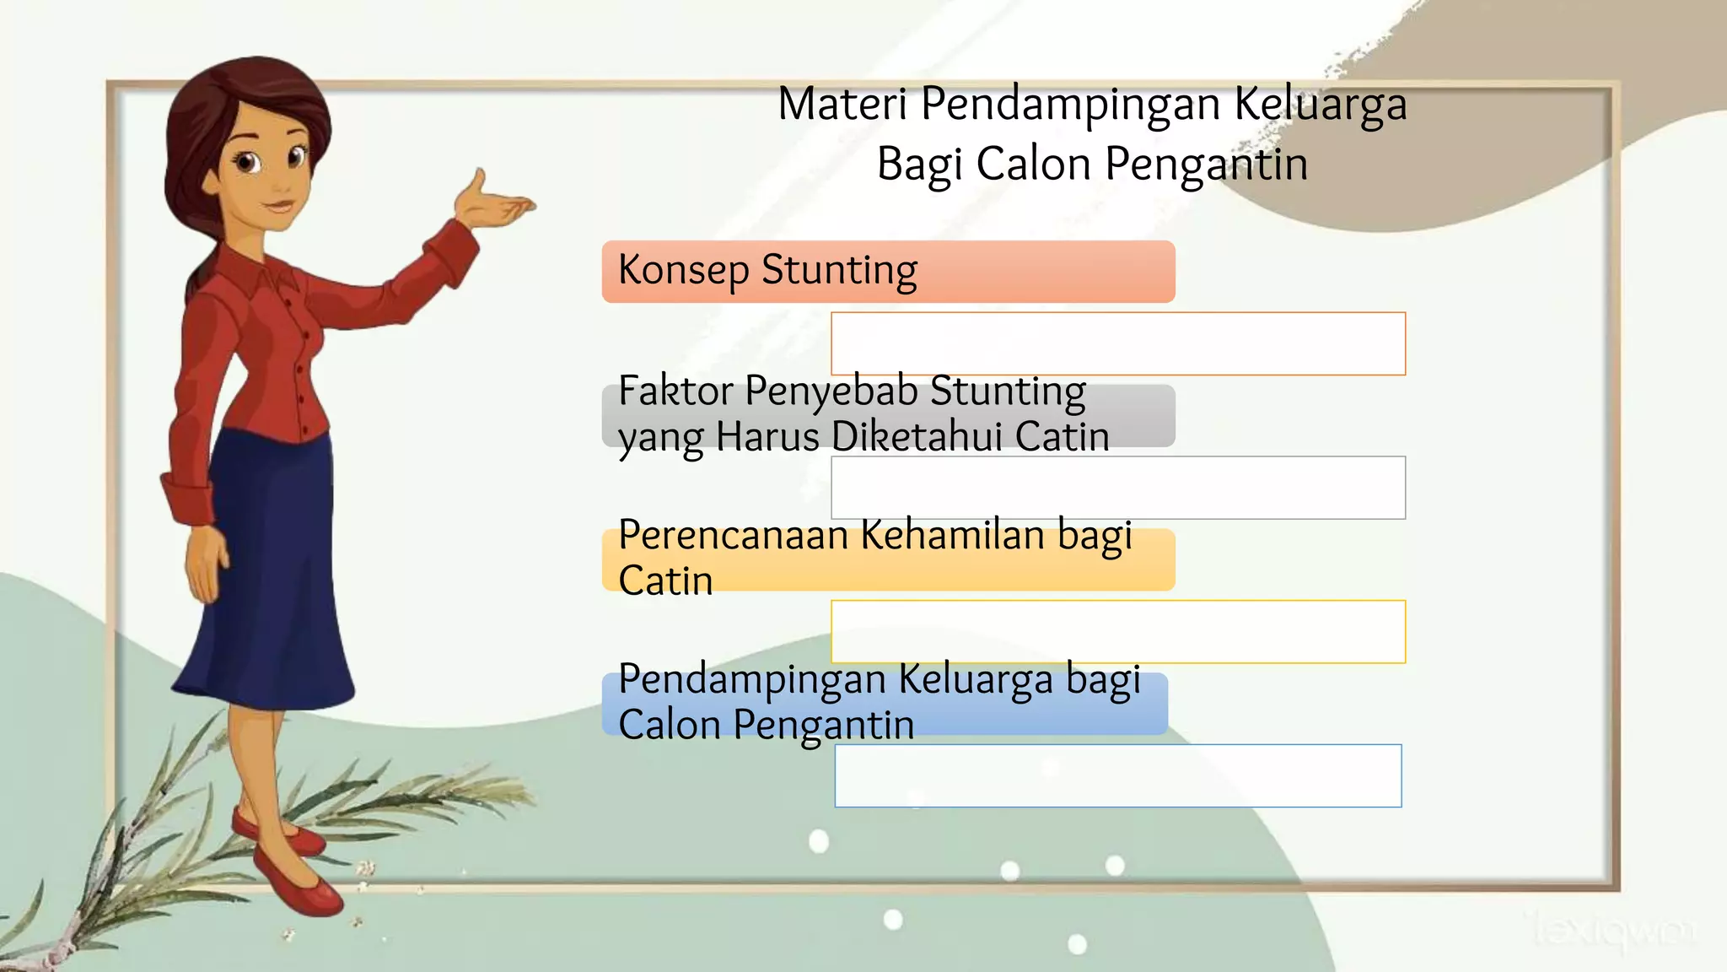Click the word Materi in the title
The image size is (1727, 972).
(x=842, y=105)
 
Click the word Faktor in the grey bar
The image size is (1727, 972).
(x=675, y=391)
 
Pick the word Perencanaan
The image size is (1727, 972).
(x=733, y=536)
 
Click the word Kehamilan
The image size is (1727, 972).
(x=953, y=536)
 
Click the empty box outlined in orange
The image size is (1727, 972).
(x=1118, y=343)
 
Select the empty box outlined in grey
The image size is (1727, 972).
(x=1118, y=488)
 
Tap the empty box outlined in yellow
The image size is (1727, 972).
(x=1118, y=632)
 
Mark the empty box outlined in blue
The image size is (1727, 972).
(x=1118, y=775)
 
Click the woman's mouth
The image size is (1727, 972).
(x=277, y=206)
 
